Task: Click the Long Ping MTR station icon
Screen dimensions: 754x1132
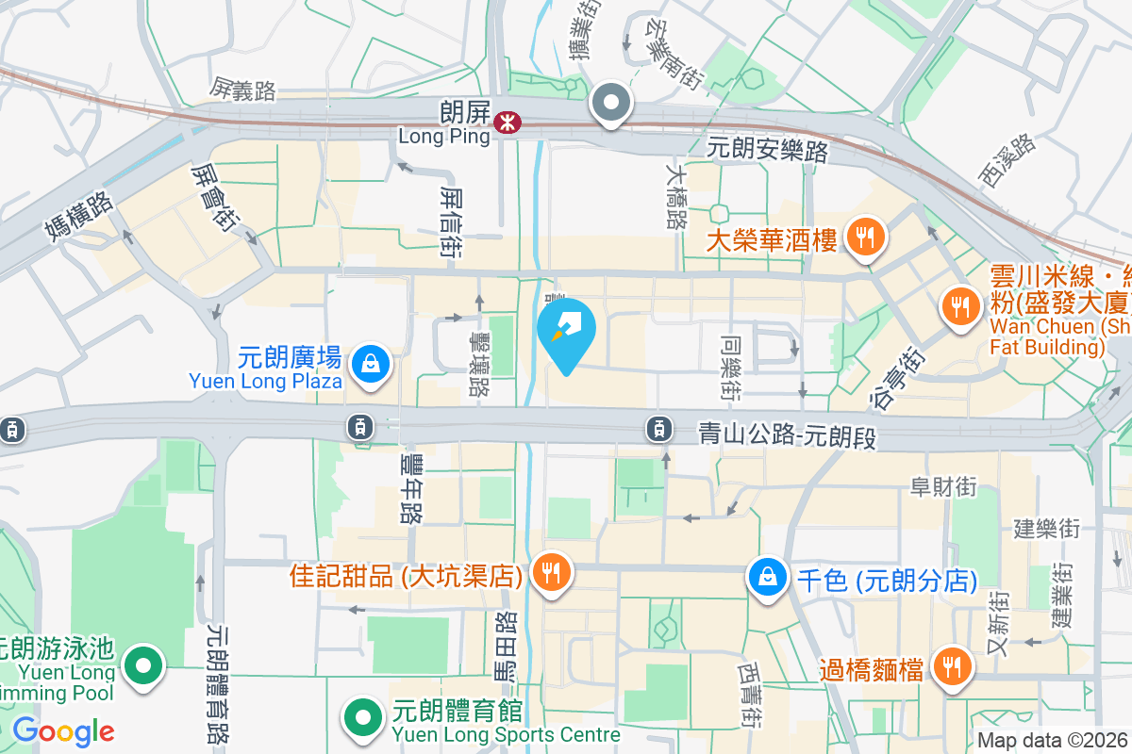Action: (x=508, y=122)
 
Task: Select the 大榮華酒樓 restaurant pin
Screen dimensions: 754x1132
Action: (x=864, y=236)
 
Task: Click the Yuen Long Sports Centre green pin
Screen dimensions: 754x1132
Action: (x=362, y=717)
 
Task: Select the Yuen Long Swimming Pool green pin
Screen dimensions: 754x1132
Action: (x=143, y=666)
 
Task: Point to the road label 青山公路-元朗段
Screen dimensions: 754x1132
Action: (x=788, y=434)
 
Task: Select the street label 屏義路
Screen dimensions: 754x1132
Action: (x=243, y=90)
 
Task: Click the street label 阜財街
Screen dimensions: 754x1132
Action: (x=942, y=487)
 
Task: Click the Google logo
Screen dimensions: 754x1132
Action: (x=63, y=731)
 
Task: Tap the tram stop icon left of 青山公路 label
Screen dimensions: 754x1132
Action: (x=658, y=430)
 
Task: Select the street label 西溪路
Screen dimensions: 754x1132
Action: (x=1007, y=160)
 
